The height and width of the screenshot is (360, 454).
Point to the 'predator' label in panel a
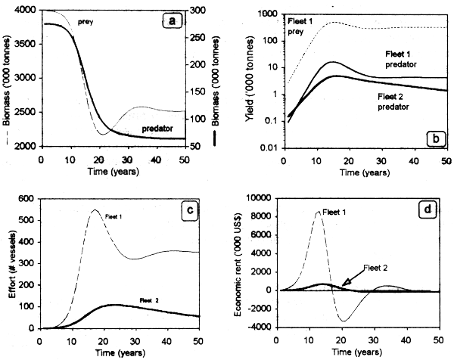(x=148, y=131)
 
